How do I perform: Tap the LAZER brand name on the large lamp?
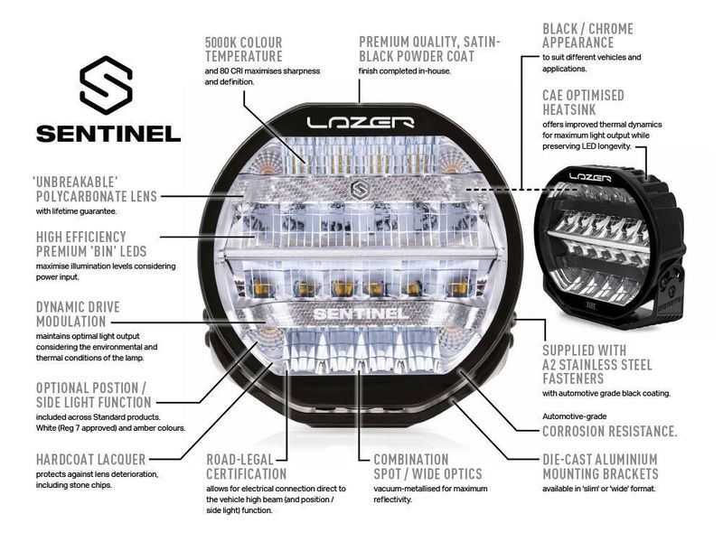[360, 121]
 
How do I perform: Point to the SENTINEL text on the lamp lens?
[360, 316]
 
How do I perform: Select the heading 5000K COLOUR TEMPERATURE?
[244, 50]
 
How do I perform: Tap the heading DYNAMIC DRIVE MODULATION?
[78, 314]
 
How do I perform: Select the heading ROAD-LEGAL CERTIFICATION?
[247, 466]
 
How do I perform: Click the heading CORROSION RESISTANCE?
[609, 431]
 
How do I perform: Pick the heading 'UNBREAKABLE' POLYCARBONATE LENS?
[97, 189]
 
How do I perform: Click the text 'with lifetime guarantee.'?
[77, 211]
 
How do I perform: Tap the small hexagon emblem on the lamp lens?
[359, 189]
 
